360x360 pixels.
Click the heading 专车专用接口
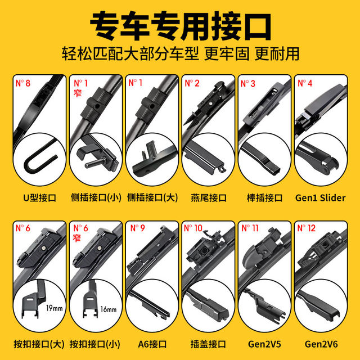[x=180, y=25]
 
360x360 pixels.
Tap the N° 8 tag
[x=22, y=83]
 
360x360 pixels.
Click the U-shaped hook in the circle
[x=38, y=158]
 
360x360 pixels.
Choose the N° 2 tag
[x=193, y=83]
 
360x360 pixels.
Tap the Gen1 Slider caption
[x=320, y=197]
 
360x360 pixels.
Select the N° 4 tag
[x=305, y=83]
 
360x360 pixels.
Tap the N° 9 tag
[x=137, y=228]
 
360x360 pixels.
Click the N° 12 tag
[x=307, y=228]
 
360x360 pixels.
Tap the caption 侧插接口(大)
[x=152, y=197]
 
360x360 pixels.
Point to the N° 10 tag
[x=195, y=228]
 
